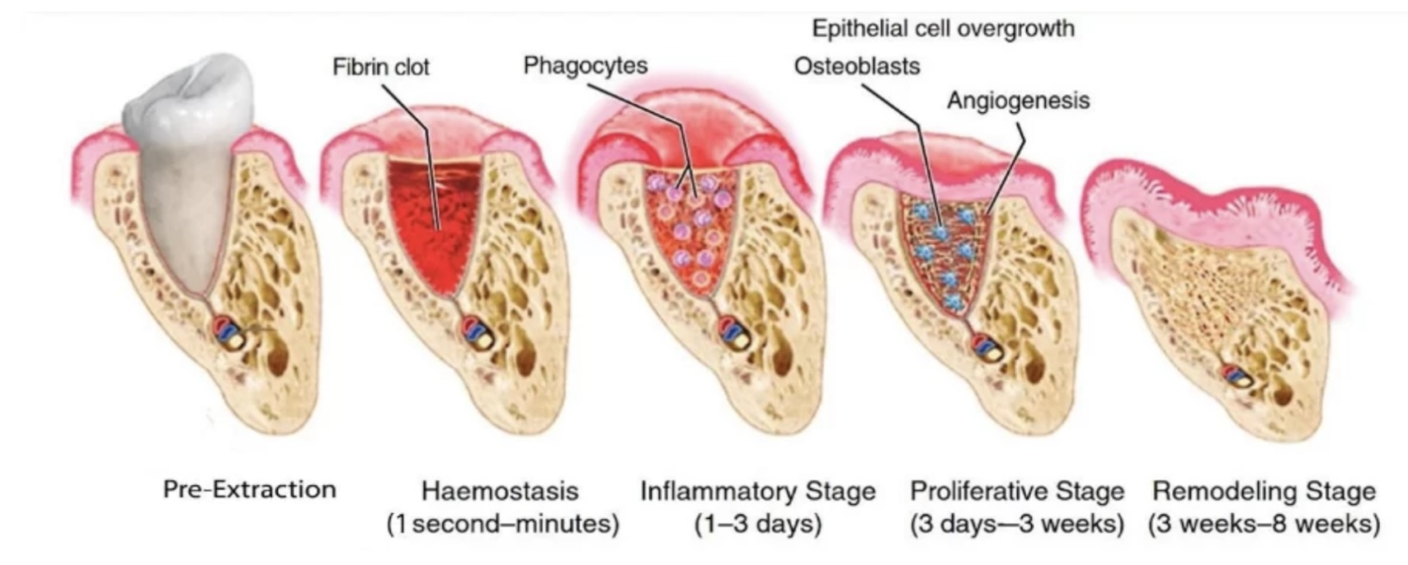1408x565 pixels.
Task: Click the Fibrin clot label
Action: click(381, 67)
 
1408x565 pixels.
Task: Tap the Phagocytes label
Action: click(585, 65)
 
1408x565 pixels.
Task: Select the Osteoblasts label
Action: click(857, 66)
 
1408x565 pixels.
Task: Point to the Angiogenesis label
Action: click(1018, 101)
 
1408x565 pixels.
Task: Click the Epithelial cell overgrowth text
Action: click(943, 28)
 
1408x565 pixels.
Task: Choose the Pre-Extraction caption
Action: click(250, 489)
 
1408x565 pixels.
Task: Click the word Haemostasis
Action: click(499, 491)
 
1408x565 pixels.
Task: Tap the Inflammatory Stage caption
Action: click(758, 491)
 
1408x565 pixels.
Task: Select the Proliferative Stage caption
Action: click(1017, 491)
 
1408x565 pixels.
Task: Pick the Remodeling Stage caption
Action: click(1264, 491)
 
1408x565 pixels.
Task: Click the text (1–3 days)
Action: click(758, 524)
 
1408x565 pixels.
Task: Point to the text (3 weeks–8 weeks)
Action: click(1264, 524)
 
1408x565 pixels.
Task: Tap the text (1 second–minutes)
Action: click(503, 524)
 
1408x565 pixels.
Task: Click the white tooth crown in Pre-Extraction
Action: click(188, 101)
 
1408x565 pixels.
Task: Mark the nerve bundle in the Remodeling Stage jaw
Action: click(1236, 377)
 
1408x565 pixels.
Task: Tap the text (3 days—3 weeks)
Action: click(1017, 524)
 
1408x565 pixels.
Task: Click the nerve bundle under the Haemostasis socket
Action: click(477, 333)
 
